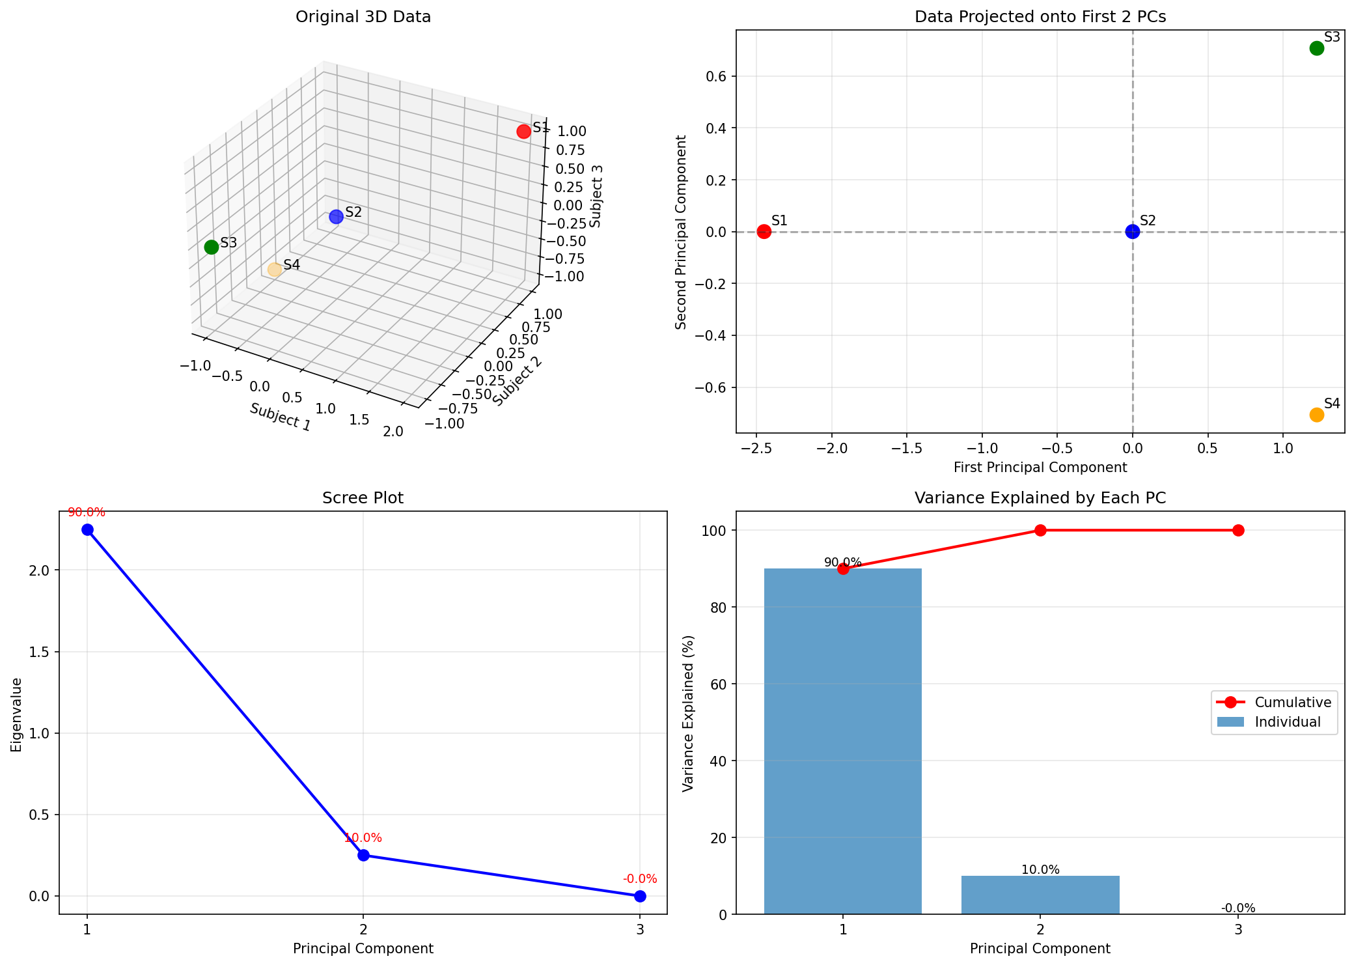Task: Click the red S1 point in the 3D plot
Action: click(x=523, y=132)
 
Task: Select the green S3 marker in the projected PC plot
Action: click(x=1316, y=48)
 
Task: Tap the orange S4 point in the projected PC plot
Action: click(x=1316, y=415)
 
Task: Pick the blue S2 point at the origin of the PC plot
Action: click(x=1132, y=231)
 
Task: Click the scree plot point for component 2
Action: click(x=363, y=855)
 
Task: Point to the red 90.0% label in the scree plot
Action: click(x=87, y=512)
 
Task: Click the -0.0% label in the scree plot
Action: click(x=639, y=879)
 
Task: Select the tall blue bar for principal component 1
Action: click(x=842, y=742)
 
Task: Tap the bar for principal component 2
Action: click(x=1040, y=895)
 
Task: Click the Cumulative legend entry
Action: click(x=1292, y=702)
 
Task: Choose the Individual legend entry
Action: click(x=1287, y=722)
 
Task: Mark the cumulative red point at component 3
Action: click(x=1237, y=530)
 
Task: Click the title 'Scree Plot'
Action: click(x=363, y=498)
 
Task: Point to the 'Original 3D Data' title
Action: click(x=363, y=17)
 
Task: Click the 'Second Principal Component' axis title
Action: click(x=681, y=232)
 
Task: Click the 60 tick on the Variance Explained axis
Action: click(x=713, y=684)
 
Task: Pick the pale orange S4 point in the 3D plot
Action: click(x=274, y=270)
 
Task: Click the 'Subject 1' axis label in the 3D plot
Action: click(x=280, y=417)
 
